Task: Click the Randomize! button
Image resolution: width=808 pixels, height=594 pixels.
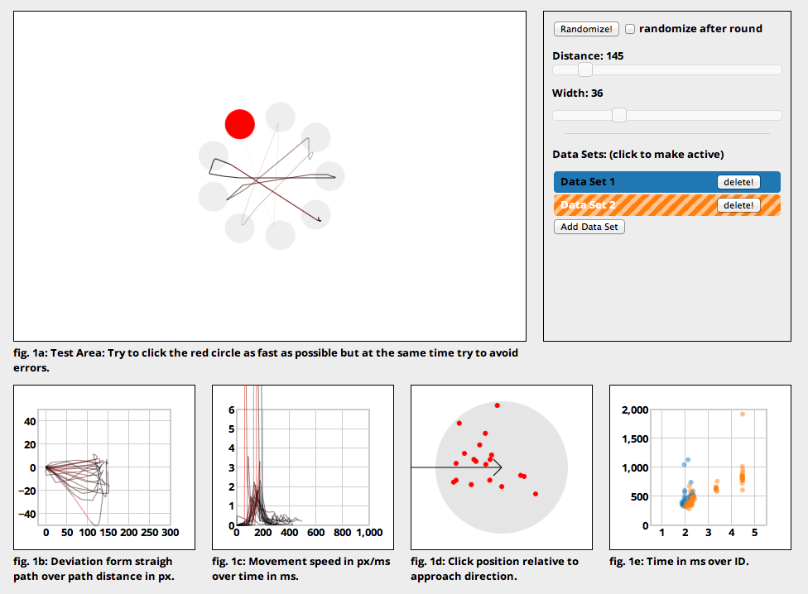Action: pos(586,29)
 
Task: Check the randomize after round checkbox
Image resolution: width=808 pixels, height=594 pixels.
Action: pos(630,29)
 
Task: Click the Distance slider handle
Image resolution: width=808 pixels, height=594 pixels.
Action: pos(584,69)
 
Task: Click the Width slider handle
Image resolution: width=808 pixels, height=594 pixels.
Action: pos(619,115)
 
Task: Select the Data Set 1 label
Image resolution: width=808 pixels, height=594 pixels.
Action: pos(588,182)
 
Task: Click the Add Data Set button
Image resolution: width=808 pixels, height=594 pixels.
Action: pos(589,227)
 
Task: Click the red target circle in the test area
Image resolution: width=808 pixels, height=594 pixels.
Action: pos(239,124)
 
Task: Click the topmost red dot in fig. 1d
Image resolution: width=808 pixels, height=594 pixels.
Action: pos(497,405)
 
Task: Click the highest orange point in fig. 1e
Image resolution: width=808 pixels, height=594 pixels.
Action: pos(743,414)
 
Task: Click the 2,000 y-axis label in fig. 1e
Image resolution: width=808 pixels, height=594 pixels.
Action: pos(635,410)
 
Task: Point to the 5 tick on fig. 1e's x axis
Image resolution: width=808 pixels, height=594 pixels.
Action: pos(754,533)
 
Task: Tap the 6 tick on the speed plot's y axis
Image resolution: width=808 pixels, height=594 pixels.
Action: pos(231,410)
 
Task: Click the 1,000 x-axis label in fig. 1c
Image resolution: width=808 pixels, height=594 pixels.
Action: pos(369,533)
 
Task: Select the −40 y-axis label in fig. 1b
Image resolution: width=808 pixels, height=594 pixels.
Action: pos(26,515)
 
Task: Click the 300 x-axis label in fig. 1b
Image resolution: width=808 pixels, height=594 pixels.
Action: pos(170,533)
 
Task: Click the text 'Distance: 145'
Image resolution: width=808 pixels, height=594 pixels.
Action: pos(588,55)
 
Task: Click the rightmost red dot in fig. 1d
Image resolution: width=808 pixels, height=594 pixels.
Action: pos(536,494)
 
